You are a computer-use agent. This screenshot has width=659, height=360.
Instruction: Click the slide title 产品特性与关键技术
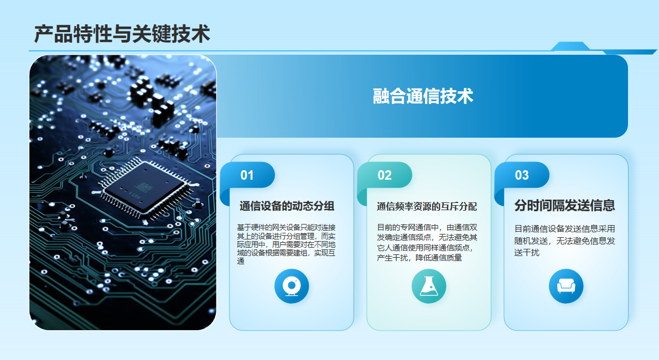tap(122, 34)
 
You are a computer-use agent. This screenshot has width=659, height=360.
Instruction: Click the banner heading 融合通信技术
tap(423, 96)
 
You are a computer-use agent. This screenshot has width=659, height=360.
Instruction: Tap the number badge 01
tap(247, 176)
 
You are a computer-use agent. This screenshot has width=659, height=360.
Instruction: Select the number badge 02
tap(385, 176)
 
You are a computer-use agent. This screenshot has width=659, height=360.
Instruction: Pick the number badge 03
tap(522, 176)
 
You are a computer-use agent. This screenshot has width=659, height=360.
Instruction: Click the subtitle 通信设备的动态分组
tap(287, 206)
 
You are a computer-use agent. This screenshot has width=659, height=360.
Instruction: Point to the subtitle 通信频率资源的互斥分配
tap(427, 207)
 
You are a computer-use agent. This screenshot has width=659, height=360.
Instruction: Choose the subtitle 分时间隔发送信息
tap(564, 206)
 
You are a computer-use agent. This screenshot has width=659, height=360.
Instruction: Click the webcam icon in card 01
tap(292, 286)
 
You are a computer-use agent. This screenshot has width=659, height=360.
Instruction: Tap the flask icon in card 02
tap(429, 286)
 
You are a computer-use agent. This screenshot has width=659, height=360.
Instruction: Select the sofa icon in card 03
tap(566, 286)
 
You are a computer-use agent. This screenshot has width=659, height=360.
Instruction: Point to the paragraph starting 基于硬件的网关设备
tap(287, 244)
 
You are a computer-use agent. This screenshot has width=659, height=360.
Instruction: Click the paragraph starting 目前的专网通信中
tap(427, 242)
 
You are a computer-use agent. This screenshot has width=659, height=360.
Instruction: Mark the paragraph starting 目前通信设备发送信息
tap(564, 241)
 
